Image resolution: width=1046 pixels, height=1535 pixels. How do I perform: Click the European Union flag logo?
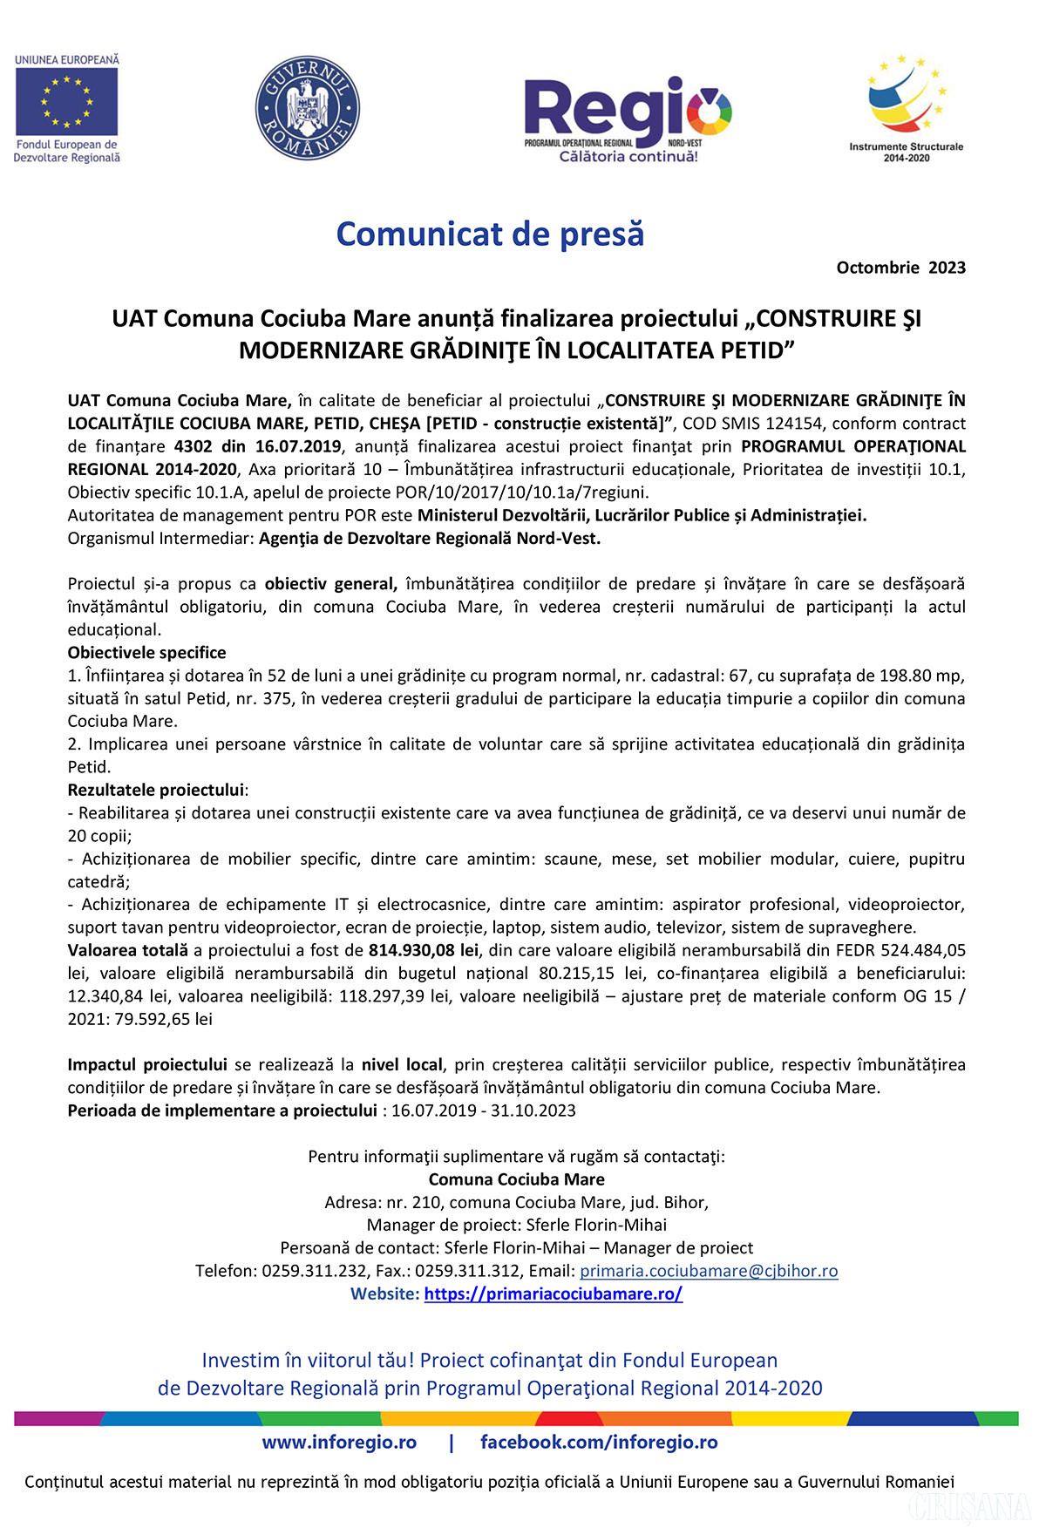click(x=66, y=103)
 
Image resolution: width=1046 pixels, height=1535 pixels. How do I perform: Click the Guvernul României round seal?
click(x=307, y=108)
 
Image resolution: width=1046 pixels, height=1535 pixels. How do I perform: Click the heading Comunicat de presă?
click(x=490, y=234)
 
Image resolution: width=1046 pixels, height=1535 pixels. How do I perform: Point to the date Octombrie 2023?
click(x=900, y=268)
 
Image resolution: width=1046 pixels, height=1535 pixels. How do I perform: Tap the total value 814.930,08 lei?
click(x=424, y=950)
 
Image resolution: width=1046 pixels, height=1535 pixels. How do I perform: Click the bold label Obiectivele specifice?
click(x=146, y=653)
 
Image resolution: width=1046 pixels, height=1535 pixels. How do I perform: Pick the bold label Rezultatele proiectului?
click(x=156, y=790)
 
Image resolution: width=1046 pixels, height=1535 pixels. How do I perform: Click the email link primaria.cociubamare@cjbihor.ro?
click(x=709, y=1271)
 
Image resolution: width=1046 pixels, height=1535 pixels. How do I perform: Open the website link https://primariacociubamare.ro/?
click(x=553, y=1294)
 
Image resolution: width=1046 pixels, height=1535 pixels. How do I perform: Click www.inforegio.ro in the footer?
click(x=339, y=1443)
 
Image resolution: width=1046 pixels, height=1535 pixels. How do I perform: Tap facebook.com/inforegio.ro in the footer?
click(x=599, y=1443)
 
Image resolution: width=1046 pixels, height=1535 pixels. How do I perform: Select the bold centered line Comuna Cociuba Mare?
click(x=516, y=1179)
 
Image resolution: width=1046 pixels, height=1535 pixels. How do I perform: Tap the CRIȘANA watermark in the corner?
click(x=968, y=1507)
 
